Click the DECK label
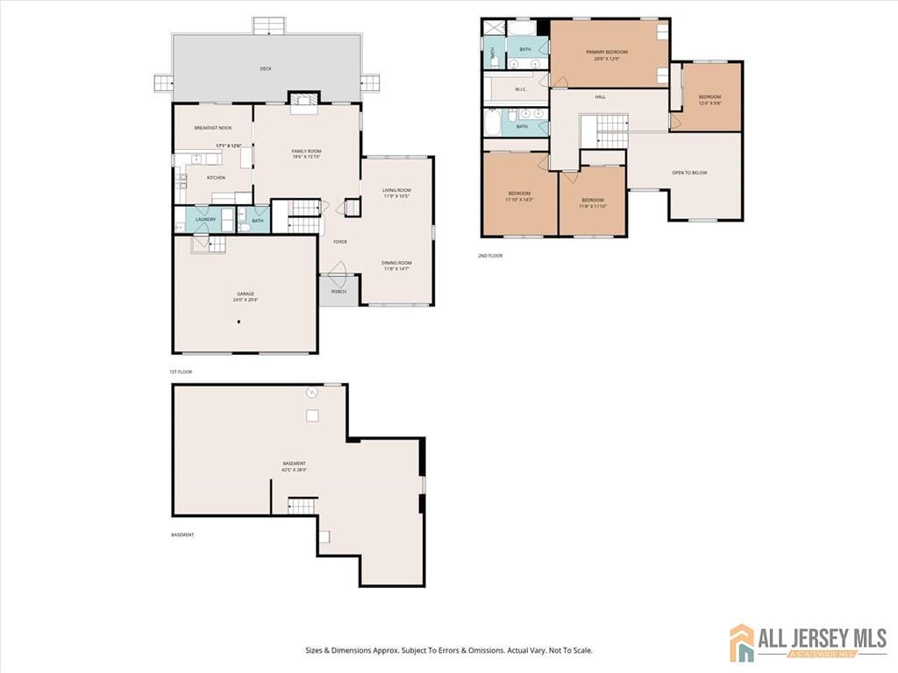(265, 68)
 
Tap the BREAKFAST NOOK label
(213, 128)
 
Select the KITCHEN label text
(216, 178)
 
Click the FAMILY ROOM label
(306, 152)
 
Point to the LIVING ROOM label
(396, 190)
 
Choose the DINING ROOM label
(396, 263)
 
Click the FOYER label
(339, 242)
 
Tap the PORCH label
(339, 292)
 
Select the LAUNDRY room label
(205, 220)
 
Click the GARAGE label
(245, 294)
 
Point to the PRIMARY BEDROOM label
(607, 53)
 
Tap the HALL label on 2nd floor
(600, 97)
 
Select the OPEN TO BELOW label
(689, 173)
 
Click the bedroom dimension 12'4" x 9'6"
(709, 103)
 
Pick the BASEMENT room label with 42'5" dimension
(294, 464)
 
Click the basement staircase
(302, 506)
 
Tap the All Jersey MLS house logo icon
(742, 642)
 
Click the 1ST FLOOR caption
(181, 372)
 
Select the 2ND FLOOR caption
(489, 256)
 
